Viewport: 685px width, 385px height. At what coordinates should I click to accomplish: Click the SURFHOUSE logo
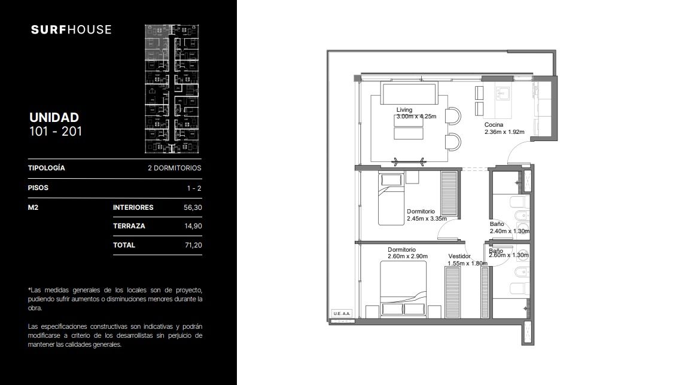(71, 30)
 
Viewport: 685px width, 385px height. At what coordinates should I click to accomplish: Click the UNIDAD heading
(54, 117)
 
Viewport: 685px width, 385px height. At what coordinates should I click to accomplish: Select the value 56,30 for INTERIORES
(193, 208)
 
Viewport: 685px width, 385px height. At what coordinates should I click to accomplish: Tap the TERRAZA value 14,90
(193, 226)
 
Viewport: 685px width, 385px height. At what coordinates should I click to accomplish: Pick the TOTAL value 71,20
(193, 245)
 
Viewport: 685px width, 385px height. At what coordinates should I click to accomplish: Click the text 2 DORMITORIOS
(174, 168)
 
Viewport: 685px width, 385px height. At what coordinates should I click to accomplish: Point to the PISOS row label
(38, 188)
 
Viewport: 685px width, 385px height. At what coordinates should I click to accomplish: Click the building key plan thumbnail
(172, 89)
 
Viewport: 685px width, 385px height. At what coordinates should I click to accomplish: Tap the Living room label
(404, 110)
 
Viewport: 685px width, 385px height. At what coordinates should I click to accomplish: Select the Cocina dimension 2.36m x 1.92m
(504, 132)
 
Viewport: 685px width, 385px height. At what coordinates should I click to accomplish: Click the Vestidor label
(459, 256)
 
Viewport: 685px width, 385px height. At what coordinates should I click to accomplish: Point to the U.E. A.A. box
(342, 313)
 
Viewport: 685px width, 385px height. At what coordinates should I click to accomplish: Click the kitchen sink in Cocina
(503, 93)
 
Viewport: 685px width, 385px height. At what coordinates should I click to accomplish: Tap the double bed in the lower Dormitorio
(403, 289)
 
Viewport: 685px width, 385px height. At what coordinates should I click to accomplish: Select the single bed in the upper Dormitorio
(391, 199)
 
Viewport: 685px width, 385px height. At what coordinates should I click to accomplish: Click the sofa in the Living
(409, 93)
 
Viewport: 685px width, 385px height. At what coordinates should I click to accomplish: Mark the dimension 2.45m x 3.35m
(427, 219)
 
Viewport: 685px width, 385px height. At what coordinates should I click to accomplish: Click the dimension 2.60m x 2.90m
(407, 256)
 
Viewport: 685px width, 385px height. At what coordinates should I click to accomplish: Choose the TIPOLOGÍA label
(46, 168)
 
